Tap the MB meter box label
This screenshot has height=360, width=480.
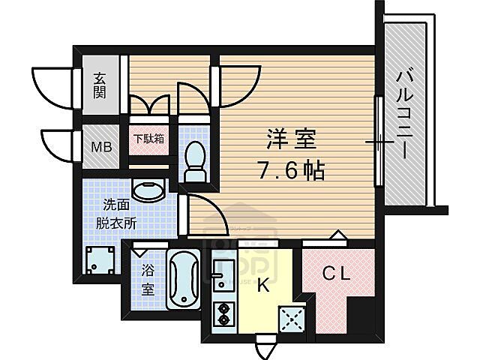100,146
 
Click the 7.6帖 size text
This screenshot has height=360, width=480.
293,171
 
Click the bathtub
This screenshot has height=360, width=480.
182,281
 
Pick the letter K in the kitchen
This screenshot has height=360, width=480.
263,284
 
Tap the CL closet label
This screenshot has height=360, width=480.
337,274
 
